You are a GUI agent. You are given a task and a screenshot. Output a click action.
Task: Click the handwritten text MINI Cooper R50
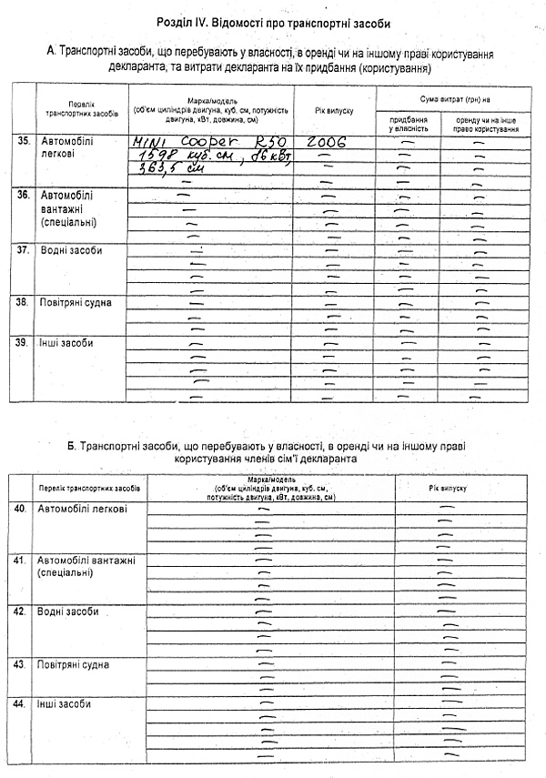pos(205,143)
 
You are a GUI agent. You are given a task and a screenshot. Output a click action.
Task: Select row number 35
pos(24,141)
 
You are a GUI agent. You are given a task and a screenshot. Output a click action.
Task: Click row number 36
pos(24,195)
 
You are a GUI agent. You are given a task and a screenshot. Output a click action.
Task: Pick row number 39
pos(24,343)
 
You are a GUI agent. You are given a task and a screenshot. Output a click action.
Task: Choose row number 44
pos(19,704)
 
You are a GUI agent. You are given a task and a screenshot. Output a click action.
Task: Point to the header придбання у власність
pos(409,125)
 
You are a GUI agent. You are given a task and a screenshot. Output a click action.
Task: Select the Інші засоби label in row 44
pos(64,704)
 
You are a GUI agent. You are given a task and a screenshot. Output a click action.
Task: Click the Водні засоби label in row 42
pos(68,611)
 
